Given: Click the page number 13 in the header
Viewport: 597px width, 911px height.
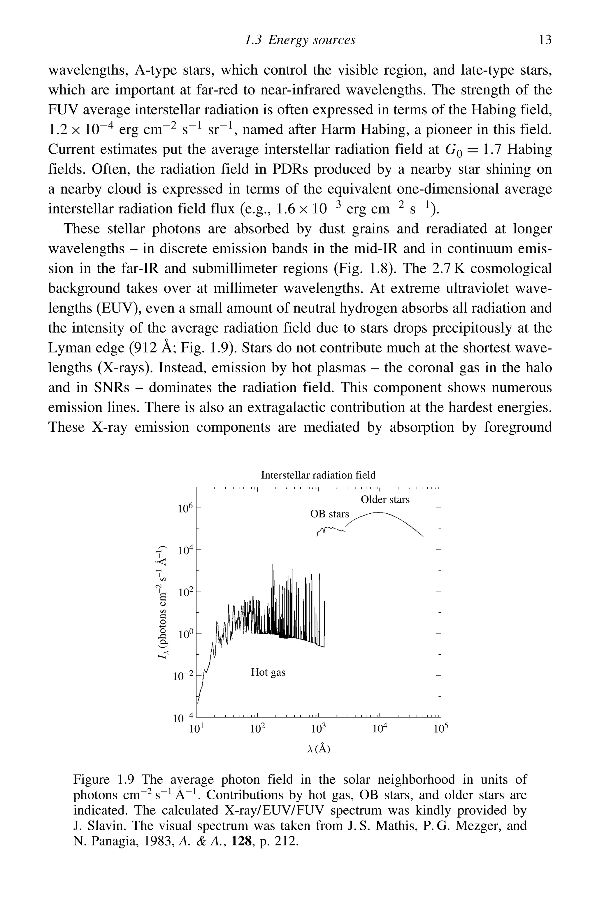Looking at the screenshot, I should point(545,40).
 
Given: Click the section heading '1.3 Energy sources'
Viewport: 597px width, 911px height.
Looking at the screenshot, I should point(300,40).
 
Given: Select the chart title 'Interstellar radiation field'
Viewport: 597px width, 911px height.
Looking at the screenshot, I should point(318,475).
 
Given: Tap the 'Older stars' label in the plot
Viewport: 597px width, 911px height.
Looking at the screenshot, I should point(385,499).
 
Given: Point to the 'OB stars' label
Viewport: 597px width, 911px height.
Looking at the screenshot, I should point(329,514).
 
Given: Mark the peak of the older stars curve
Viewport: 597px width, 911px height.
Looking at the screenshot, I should point(378,512).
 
